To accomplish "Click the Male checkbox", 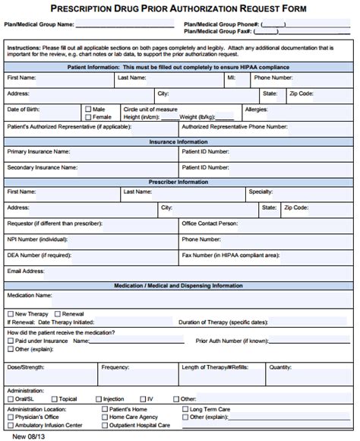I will [89, 109].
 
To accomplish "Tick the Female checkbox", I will [89, 117].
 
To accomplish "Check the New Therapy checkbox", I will [10, 313].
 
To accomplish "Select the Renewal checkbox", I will [57, 313].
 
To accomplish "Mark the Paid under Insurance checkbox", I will [10, 341].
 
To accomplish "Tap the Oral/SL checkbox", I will [10, 398].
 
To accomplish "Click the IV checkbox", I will [142, 398].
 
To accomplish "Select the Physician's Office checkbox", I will [10, 417].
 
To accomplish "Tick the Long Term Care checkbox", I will [184, 409].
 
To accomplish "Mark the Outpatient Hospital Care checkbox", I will [104, 424].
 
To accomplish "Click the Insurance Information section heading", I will [178, 141].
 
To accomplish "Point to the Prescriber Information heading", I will [178, 182].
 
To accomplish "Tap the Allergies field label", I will [256, 109].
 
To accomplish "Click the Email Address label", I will [26, 271].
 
